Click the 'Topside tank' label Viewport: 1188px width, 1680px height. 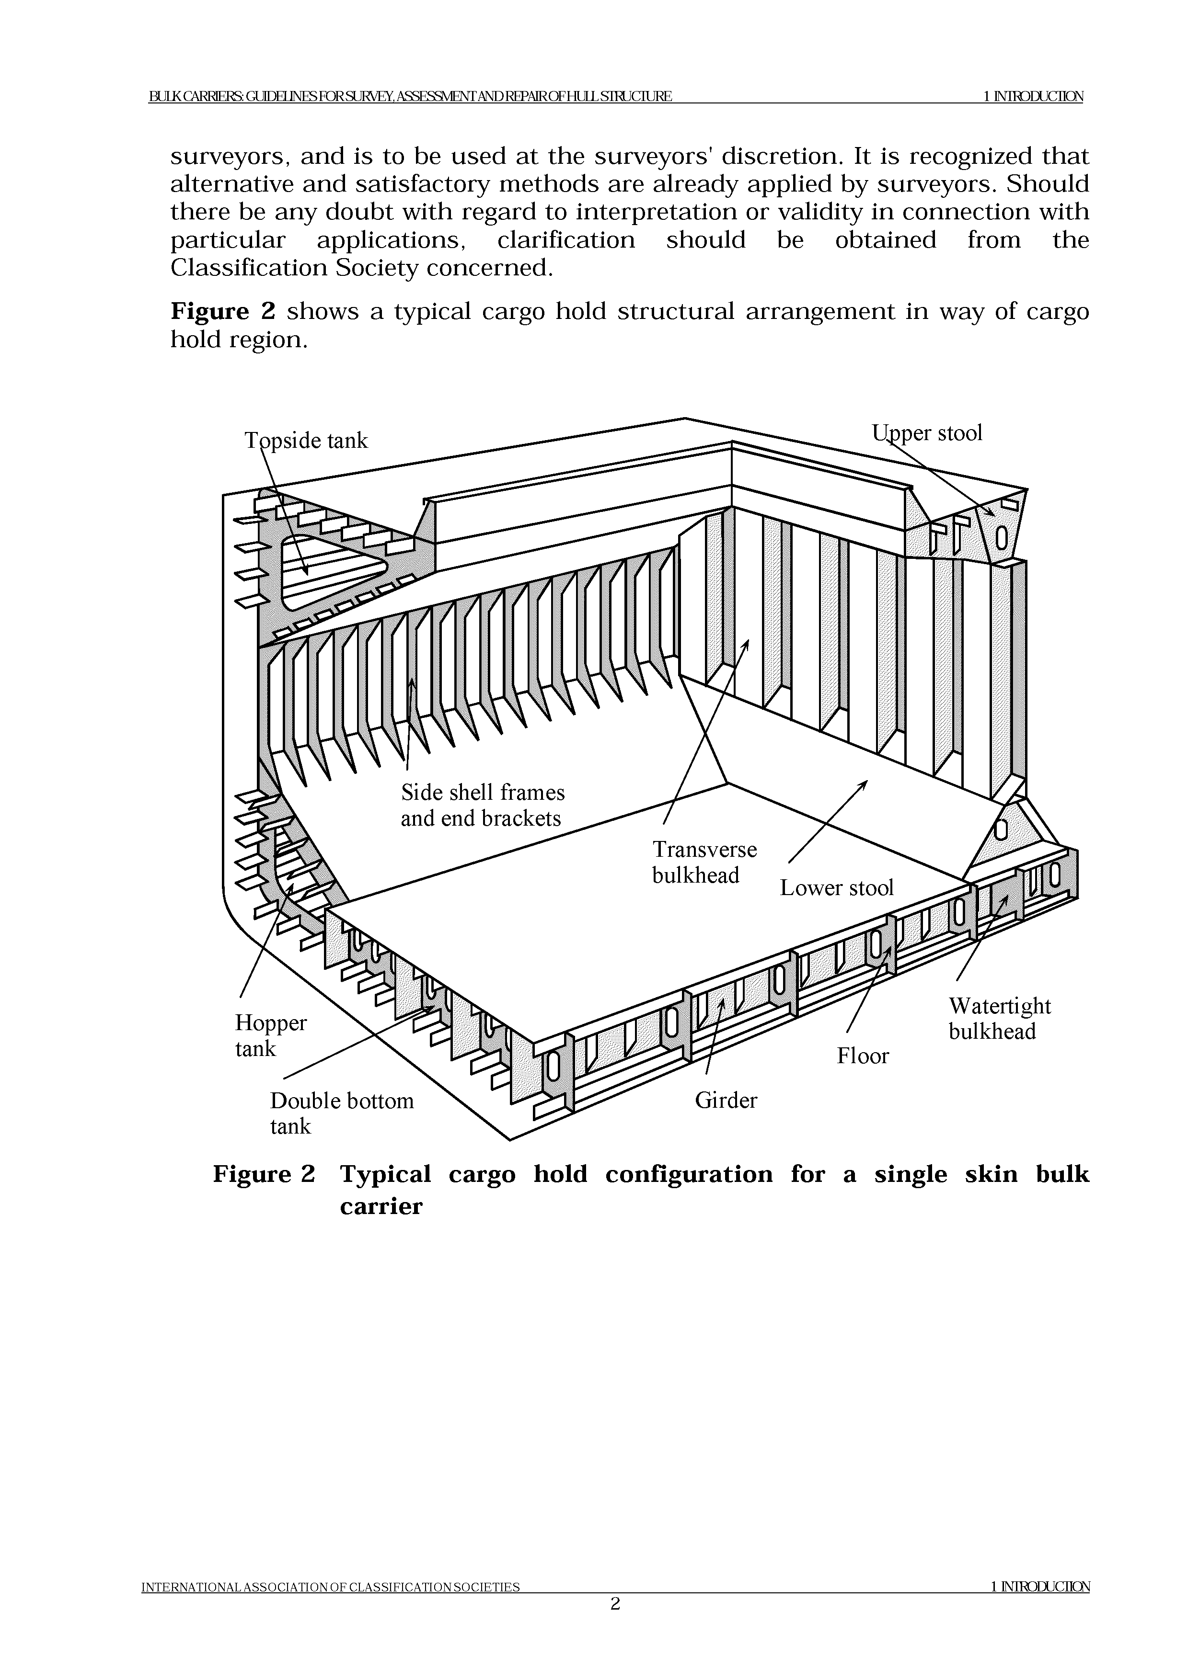306,441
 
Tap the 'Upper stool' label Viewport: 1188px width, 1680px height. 927,433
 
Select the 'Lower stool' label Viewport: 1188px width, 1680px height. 837,887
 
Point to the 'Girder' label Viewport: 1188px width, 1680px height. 726,1101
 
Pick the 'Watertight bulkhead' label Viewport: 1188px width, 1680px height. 999,1019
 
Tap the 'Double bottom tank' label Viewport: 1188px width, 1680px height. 342,1113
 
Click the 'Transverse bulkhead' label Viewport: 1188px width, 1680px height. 704,862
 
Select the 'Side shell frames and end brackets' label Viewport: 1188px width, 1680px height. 483,805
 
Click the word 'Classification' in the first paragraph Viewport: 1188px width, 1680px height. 250,269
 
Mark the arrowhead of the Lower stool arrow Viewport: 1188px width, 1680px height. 866,782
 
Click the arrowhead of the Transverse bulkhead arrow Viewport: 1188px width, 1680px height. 747,641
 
